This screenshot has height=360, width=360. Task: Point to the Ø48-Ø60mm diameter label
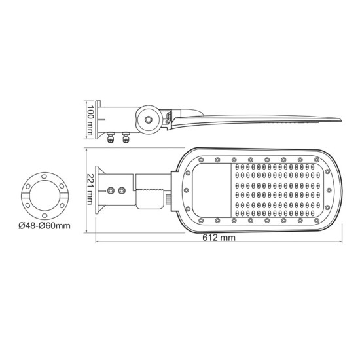[x=45, y=226]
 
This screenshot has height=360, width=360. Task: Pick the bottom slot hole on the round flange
[x=45, y=214]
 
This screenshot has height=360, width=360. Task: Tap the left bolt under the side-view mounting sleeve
[x=109, y=137]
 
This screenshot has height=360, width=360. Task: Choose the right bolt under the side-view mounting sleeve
[x=124, y=137]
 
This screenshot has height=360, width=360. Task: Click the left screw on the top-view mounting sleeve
[x=111, y=190]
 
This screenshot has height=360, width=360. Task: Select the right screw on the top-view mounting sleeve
[x=122, y=190]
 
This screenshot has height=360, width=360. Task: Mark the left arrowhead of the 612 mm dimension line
[x=99, y=243]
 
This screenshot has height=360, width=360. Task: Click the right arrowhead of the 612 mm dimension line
[x=341, y=243]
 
